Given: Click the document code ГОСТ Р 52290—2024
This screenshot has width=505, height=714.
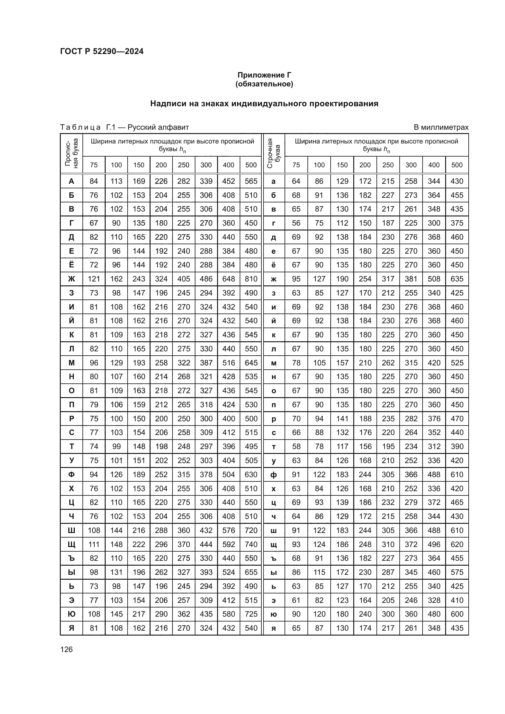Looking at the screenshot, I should tap(102, 51).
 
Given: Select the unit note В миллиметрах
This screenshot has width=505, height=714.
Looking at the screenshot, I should tap(441, 127).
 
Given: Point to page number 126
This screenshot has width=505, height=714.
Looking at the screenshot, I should tap(66, 649).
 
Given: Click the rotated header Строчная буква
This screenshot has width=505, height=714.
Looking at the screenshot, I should tap(274, 153).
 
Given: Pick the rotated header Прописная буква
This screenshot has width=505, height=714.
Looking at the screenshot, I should tap(71, 153).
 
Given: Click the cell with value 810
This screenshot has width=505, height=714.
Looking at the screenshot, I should tap(251, 279).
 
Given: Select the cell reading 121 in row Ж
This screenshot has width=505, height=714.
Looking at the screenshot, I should tap(94, 279).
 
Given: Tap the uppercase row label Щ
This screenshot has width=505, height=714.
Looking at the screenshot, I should tap(71, 545).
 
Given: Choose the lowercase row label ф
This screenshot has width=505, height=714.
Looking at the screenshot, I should tap(274, 475).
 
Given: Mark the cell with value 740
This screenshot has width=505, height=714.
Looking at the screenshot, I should tap(251, 545).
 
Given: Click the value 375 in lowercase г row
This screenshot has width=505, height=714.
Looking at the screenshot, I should tap(457, 223).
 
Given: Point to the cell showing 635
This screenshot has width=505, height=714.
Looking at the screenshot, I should tap(457, 279).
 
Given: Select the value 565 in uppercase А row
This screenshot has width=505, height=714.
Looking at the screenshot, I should tap(251, 181).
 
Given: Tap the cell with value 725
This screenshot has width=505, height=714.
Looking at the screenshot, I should tap(251, 614).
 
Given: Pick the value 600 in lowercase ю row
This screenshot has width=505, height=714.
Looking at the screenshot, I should tap(457, 614).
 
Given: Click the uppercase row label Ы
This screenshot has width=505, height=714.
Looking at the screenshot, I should tap(71, 572).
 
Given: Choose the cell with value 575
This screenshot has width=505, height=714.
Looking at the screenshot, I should tap(457, 572).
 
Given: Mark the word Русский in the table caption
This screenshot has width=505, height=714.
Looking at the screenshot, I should tap(142, 127).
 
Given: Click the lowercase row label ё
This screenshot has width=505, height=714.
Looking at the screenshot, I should tap(274, 265).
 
